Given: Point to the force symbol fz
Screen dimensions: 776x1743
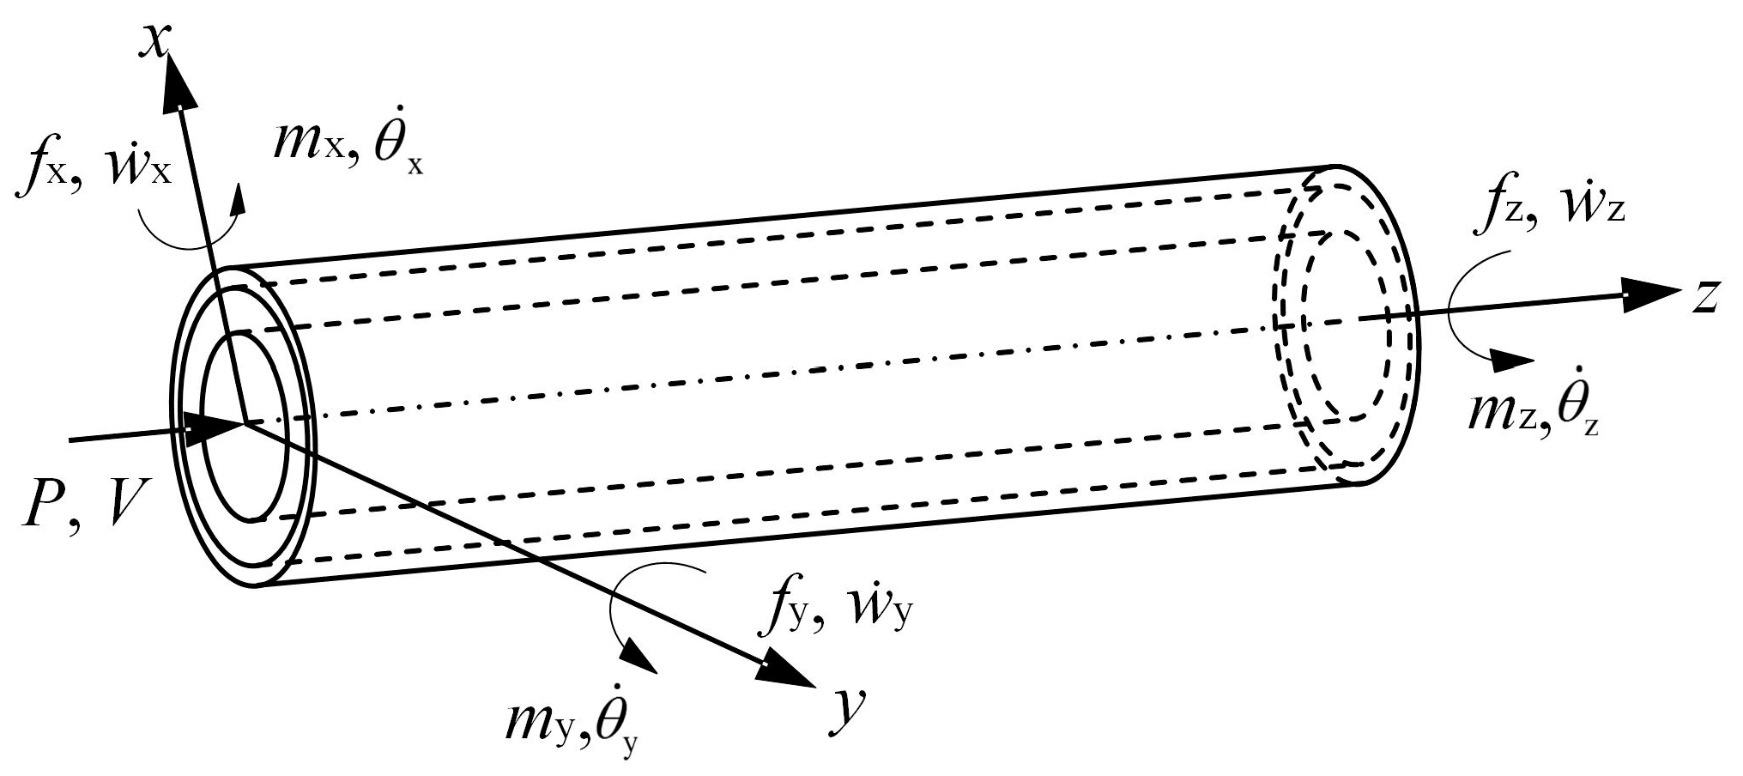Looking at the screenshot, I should click(1496, 211).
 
